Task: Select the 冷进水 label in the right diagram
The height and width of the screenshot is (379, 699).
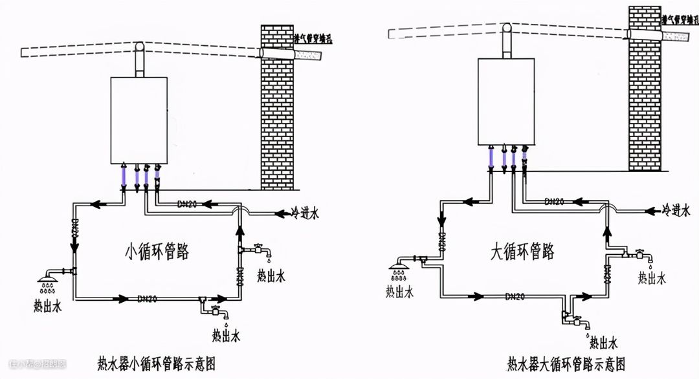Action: (x=676, y=210)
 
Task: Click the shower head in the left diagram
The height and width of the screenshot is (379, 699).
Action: (x=47, y=280)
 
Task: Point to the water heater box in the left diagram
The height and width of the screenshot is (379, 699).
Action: (x=139, y=120)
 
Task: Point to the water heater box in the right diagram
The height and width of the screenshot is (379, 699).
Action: (x=506, y=101)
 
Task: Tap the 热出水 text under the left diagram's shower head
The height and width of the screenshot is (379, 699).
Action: (x=47, y=303)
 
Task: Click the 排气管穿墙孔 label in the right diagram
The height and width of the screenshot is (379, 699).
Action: (x=679, y=20)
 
